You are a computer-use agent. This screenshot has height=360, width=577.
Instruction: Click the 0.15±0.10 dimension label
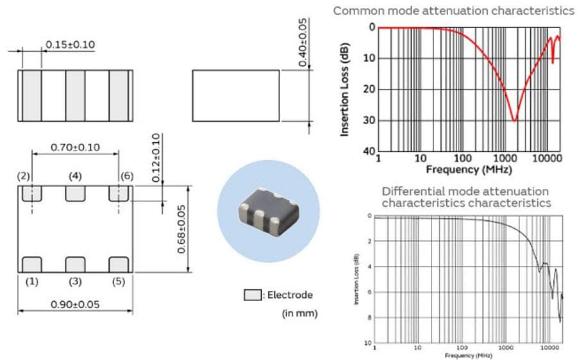click(x=71, y=44)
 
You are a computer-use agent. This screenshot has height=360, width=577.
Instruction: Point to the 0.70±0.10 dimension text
click(x=76, y=147)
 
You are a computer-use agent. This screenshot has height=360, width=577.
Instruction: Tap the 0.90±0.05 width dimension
click(x=75, y=304)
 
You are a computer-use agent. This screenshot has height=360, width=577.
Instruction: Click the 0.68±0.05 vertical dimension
click(x=183, y=229)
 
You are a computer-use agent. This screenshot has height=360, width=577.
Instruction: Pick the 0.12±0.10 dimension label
click(x=156, y=158)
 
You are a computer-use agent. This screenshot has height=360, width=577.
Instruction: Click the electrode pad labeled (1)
click(x=31, y=264)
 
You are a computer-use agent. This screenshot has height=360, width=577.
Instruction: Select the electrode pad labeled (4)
click(x=75, y=193)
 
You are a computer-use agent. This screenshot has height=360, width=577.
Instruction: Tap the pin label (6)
click(x=126, y=175)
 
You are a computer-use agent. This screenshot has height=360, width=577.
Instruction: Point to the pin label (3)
click(x=75, y=282)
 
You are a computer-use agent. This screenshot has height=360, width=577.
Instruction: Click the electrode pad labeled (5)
click(x=119, y=264)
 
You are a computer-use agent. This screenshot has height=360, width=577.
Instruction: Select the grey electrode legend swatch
click(x=253, y=295)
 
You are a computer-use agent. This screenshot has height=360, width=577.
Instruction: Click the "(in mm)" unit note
click(x=299, y=313)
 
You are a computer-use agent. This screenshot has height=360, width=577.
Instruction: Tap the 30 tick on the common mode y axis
click(x=370, y=120)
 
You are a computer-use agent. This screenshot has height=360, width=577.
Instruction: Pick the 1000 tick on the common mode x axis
click(x=504, y=158)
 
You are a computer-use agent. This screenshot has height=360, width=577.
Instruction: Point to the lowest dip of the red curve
click(x=514, y=120)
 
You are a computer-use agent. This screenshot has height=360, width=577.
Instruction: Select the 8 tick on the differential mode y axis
click(x=369, y=317)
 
